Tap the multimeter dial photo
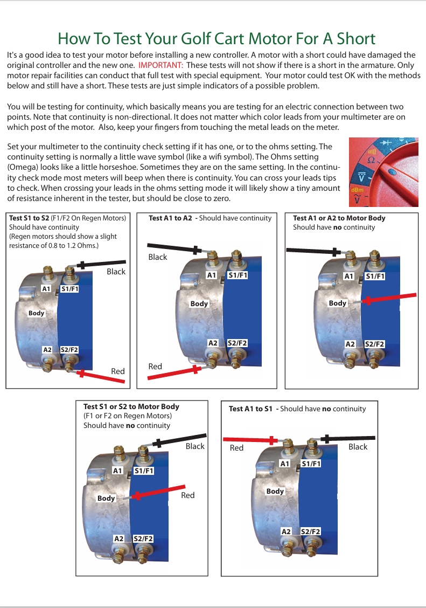[x=383, y=172]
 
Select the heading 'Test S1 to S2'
[x=29, y=218]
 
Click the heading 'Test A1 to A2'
[x=171, y=218]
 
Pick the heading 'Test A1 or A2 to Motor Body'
[x=339, y=218]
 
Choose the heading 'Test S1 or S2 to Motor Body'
[x=131, y=406]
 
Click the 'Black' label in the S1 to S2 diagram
[x=116, y=272]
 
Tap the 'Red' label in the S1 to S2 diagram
[x=117, y=371]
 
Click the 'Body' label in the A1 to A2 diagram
[x=199, y=304]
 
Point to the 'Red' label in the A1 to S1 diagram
[x=236, y=448]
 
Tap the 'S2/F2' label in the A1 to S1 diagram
[x=310, y=532]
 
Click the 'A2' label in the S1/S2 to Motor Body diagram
[x=119, y=538]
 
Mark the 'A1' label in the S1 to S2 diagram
[x=46, y=289]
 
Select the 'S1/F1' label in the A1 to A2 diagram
[x=238, y=275]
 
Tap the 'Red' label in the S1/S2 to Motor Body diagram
[x=187, y=495]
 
